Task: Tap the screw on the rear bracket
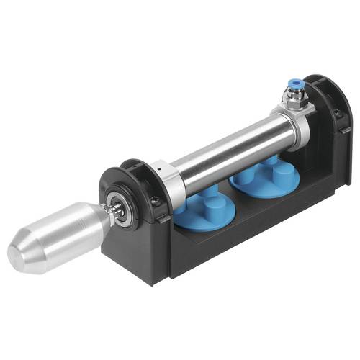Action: pos(339,113)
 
